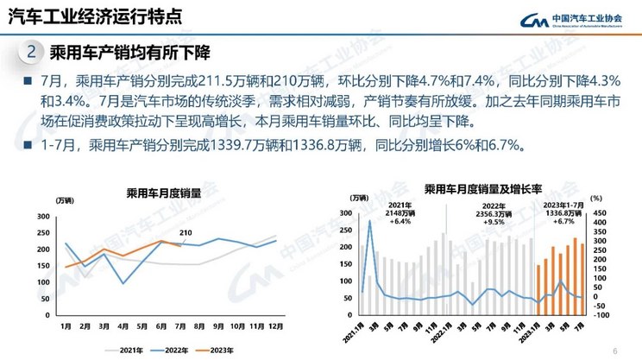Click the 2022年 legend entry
coord(169,349)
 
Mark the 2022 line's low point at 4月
coord(123,283)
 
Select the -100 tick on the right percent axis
coord(599,315)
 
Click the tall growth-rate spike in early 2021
coord(369,222)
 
